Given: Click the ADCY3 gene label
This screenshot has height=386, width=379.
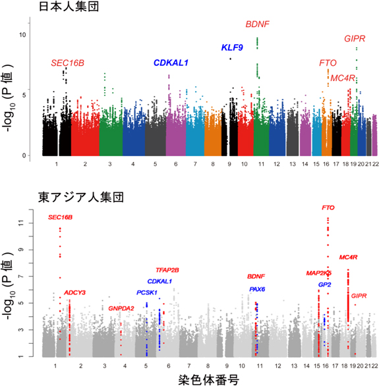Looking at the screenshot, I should click(x=75, y=292).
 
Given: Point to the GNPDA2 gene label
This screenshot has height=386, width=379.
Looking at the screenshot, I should click(x=121, y=308).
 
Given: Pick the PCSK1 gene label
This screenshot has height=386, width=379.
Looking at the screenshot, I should click(x=146, y=292).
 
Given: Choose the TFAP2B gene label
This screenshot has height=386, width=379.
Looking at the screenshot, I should click(x=167, y=270).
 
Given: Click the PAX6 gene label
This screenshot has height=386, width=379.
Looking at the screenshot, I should click(x=257, y=289).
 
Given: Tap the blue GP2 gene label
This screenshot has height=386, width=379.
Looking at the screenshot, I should click(x=324, y=285).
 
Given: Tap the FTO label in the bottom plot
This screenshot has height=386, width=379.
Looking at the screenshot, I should click(x=328, y=208).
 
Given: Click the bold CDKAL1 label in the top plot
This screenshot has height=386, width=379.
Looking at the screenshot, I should click(x=171, y=63).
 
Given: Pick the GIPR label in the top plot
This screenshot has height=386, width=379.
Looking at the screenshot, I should click(x=355, y=39).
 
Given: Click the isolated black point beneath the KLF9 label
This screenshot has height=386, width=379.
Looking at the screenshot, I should click(x=230, y=59).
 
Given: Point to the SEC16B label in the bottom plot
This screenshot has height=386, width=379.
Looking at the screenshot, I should click(x=61, y=217).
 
